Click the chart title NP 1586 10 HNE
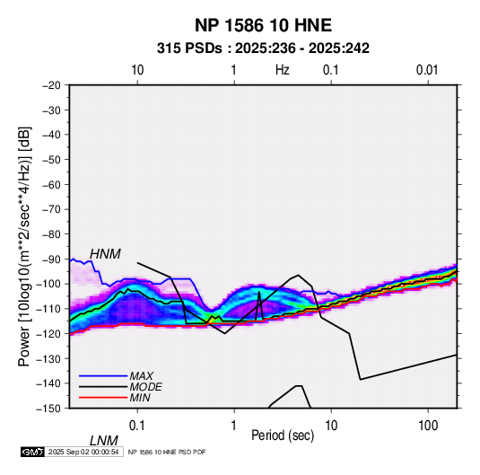pyautogui.click(x=263, y=25)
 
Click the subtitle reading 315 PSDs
pyautogui.click(x=189, y=48)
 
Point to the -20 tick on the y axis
pyautogui.click(x=51, y=85)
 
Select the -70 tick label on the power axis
pyautogui.click(x=51, y=209)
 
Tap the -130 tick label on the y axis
pyautogui.click(x=49, y=358)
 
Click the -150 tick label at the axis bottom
pyautogui.click(x=49, y=408)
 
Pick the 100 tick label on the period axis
pyautogui.click(x=427, y=426)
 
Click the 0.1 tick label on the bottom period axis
pyautogui.click(x=137, y=426)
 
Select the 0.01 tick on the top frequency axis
pyautogui.click(x=427, y=70)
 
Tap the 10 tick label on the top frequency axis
pyautogui.click(x=137, y=70)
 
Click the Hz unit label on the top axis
pyautogui.click(x=283, y=70)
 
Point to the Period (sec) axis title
pyautogui.click(x=283, y=435)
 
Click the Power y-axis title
pyautogui.click(x=24, y=246)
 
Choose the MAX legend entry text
pyautogui.click(x=142, y=376)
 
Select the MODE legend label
pyautogui.click(x=145, y=387)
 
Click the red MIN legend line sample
pyautogui.click(x=103, y=398)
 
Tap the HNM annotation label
pyautogui.click(x=105, y=254)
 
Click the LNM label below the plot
pyautogui.click(x=103, y=441)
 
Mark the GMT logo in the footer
pyautogui.click(x=33, y=452)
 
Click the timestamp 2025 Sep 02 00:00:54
pyautogui.click(x=83, y=452)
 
